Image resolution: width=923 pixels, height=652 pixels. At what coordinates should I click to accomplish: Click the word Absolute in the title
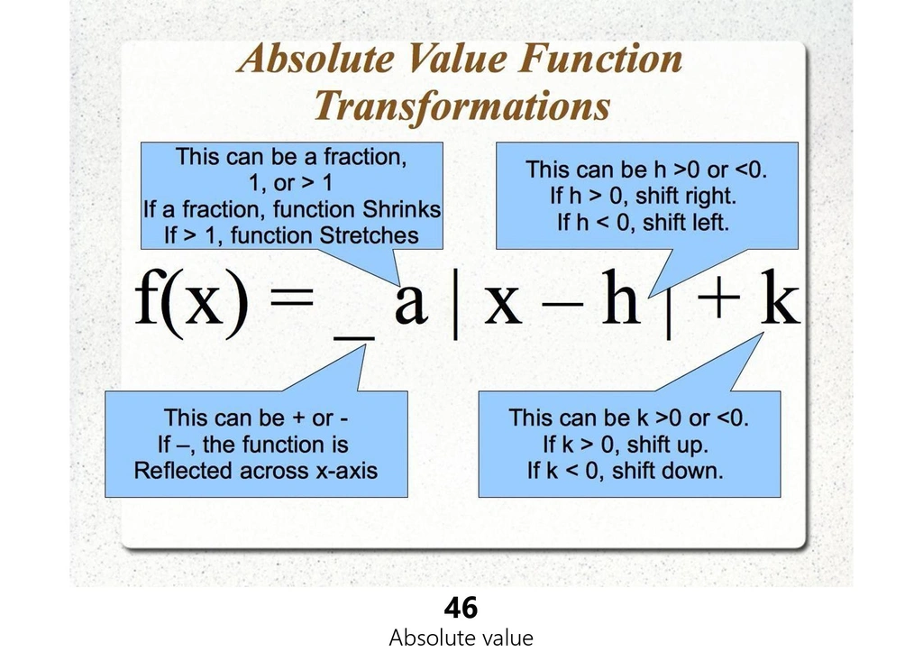[315, 59]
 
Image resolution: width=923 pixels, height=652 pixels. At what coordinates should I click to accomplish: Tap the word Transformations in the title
[462, 106]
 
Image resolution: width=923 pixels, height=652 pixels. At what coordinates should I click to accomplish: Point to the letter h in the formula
[620, 297]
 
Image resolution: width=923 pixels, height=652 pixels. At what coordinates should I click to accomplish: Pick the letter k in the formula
[780, 297]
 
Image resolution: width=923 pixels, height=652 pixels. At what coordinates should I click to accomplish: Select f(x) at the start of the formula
[191, 303]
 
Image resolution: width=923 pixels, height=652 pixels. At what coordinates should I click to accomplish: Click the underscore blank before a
[353, 337]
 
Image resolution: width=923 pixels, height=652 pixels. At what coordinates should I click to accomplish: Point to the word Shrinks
[401, 210]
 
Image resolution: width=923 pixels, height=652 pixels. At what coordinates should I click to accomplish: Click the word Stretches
[369, 235]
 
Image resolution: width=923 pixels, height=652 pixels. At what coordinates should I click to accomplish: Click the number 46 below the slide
[461, 608]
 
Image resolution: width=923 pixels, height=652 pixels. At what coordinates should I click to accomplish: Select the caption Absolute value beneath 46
[461, 638]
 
